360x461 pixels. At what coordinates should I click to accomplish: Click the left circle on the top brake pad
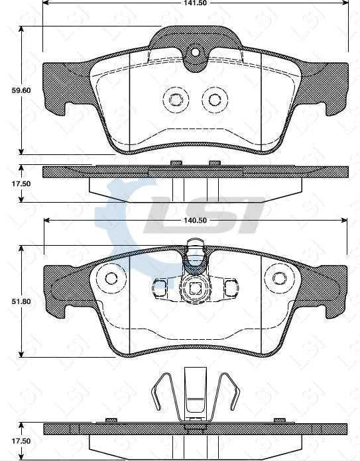point(176,99)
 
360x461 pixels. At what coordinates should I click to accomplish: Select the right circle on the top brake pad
point(214,99)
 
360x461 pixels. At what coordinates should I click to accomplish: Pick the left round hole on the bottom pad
point(111,278)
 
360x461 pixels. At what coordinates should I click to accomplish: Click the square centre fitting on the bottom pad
point(195,288)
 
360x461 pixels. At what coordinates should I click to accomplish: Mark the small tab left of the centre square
point(160,287)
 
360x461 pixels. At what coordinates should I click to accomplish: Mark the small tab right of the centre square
point(229,287)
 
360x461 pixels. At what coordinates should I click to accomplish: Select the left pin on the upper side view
point(176,162)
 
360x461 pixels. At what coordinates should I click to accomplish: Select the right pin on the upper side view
point(214,162)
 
